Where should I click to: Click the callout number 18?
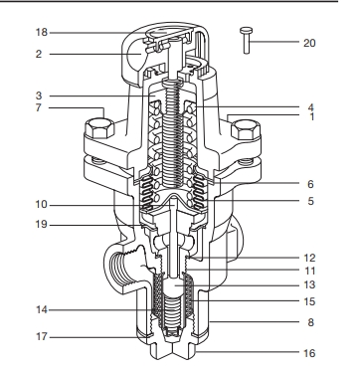coord(42,33)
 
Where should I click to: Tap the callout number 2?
coord(39,54)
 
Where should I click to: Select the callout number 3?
coord(39,96)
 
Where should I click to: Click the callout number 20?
coord(309,43)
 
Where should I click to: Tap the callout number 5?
coord(310,201)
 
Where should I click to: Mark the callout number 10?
coord(42,205)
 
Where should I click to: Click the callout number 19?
coord(42,225)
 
